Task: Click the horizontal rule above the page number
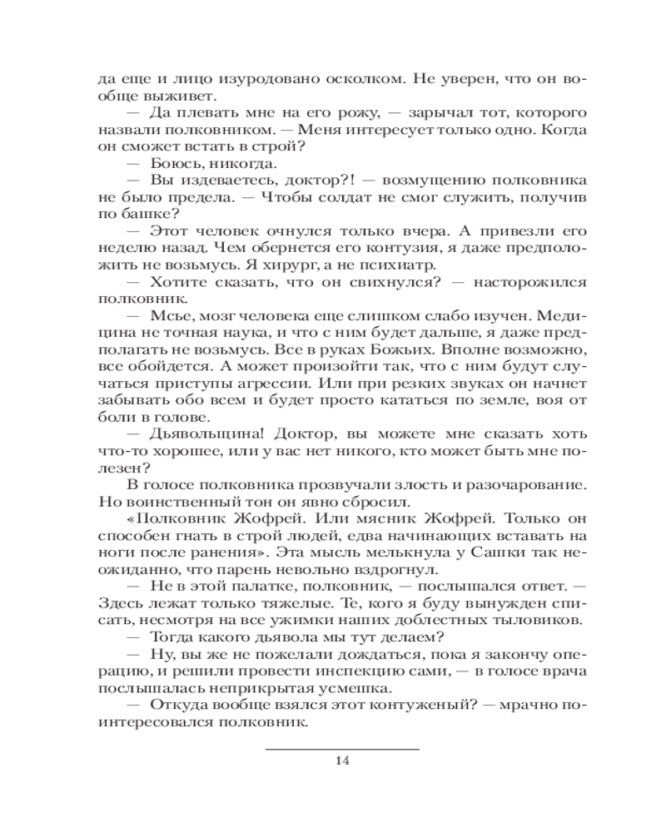click(x=342, y=749)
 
